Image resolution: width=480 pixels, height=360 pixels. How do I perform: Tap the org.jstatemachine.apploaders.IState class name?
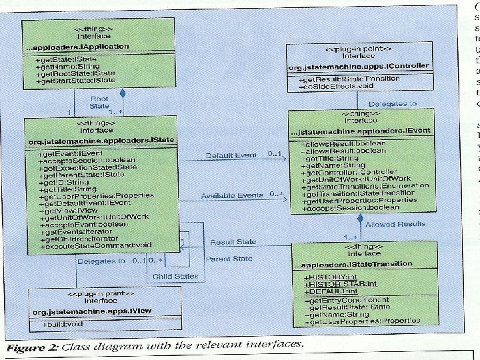100,142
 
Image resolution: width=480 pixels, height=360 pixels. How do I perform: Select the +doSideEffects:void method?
332,87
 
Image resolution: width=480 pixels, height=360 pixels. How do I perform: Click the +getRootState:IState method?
70,75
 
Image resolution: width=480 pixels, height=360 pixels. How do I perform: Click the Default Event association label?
231,155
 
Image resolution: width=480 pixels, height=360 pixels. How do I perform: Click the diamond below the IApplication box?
122,93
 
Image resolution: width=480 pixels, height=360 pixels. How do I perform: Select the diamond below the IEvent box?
360,218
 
